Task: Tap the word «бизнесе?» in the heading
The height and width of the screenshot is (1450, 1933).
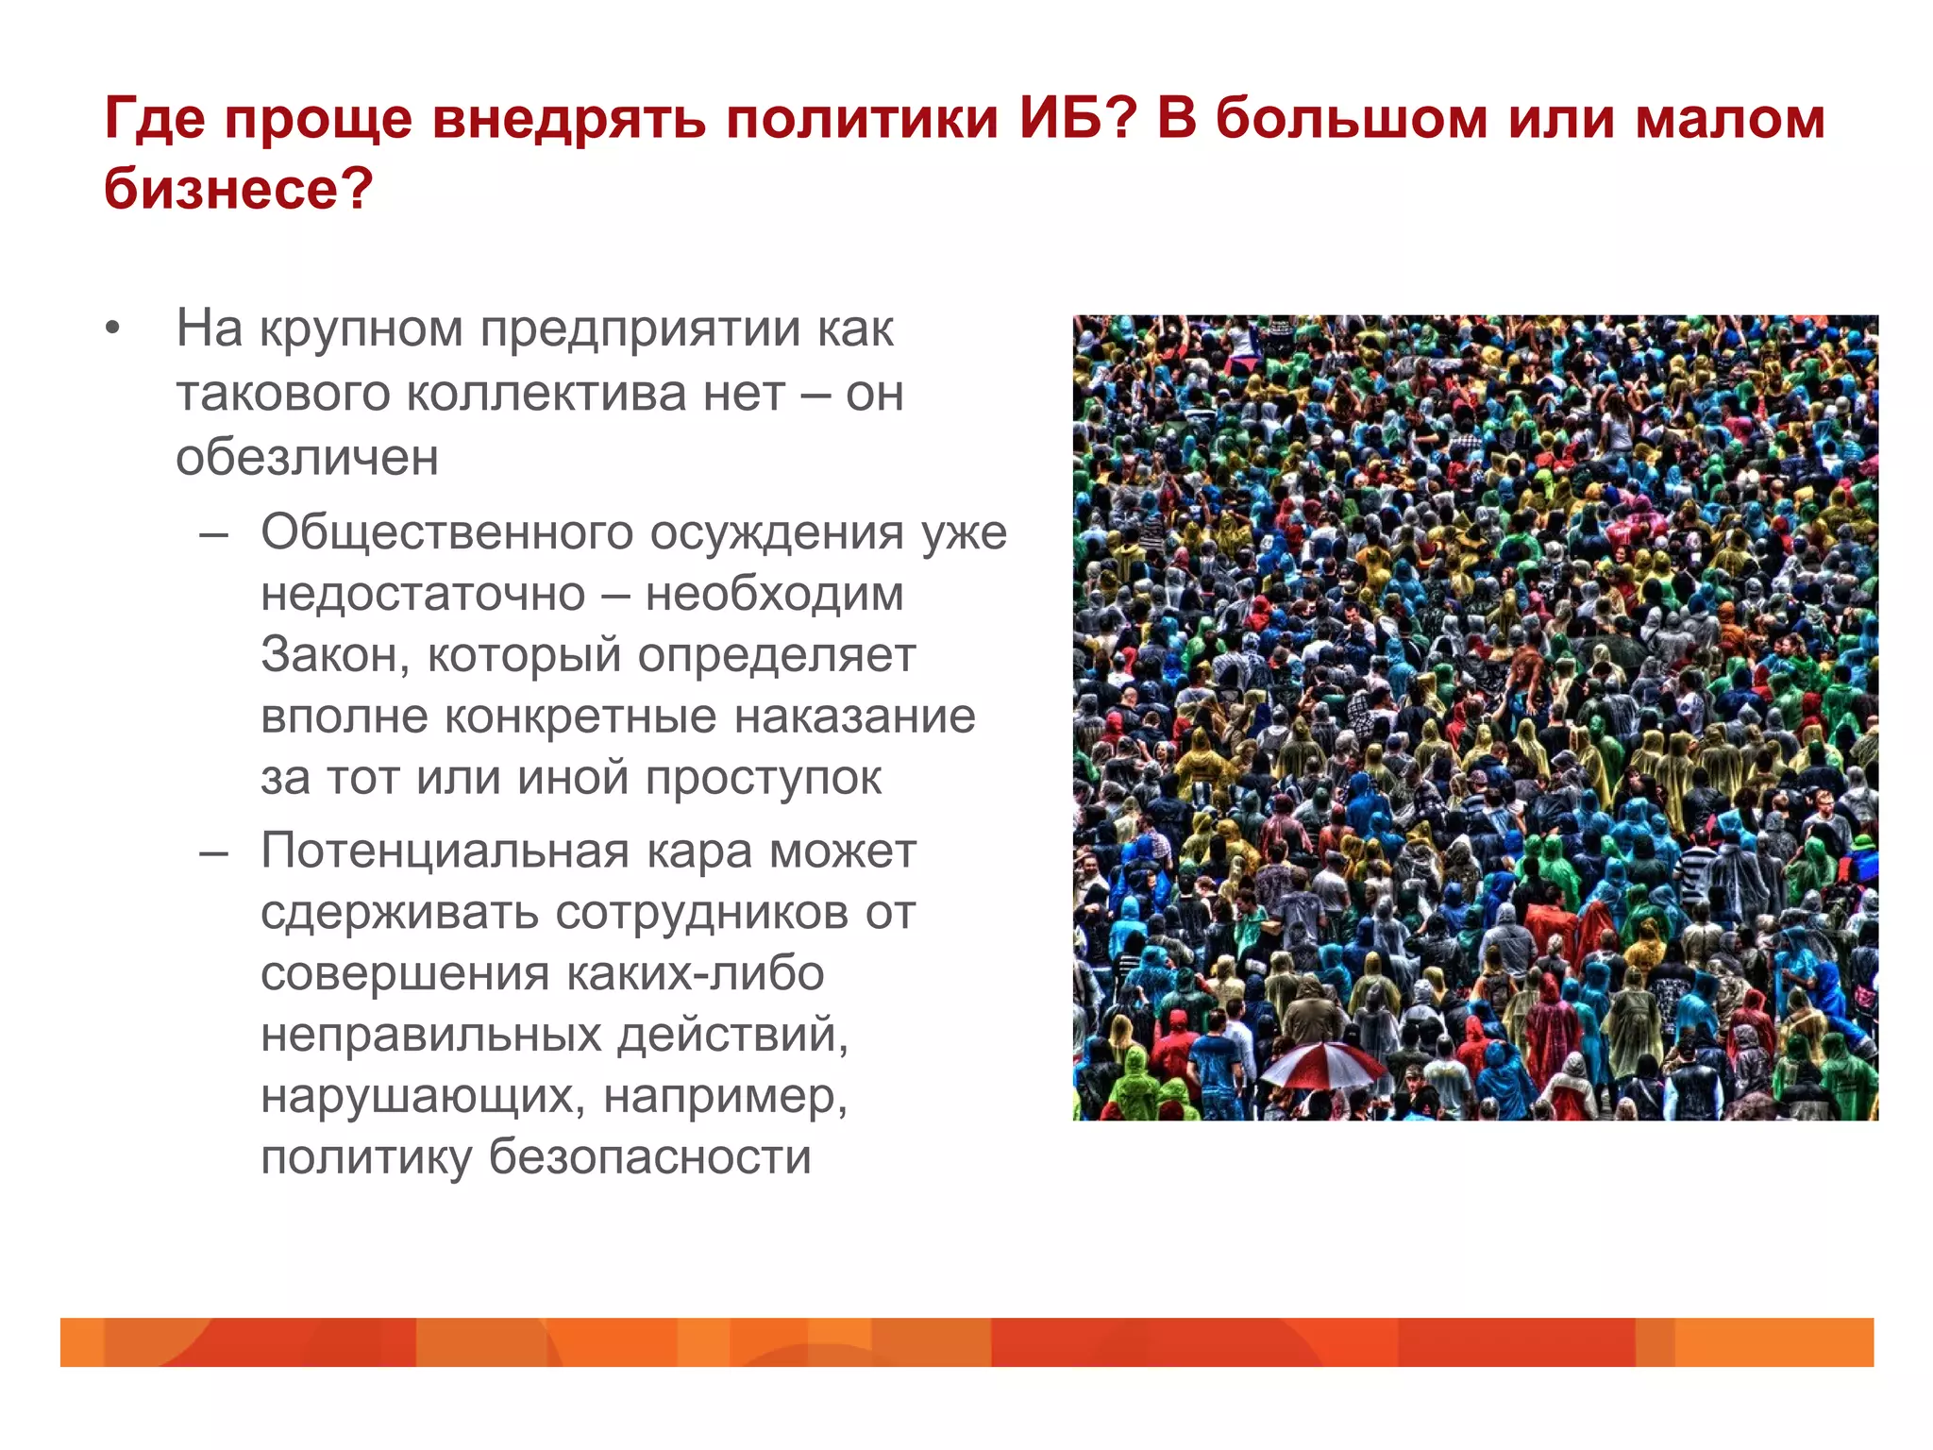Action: point(239,189)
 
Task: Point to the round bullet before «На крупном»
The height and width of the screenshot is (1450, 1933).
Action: point(113,329)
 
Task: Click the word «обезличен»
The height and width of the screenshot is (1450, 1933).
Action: point(307,457)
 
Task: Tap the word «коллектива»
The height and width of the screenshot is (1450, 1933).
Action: point(596,393)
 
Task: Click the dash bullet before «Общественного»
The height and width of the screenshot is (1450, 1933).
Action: point(214,534)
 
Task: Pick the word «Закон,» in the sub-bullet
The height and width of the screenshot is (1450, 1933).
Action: point(335,655)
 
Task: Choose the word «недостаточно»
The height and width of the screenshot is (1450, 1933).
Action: point(423,594)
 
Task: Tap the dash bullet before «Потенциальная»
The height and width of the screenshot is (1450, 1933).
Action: point(214,852)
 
